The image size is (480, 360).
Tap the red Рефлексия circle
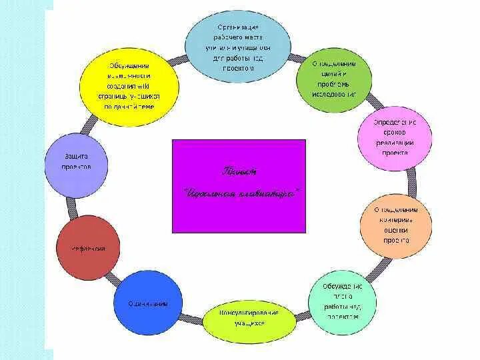88,249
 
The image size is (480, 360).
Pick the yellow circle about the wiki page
129,87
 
